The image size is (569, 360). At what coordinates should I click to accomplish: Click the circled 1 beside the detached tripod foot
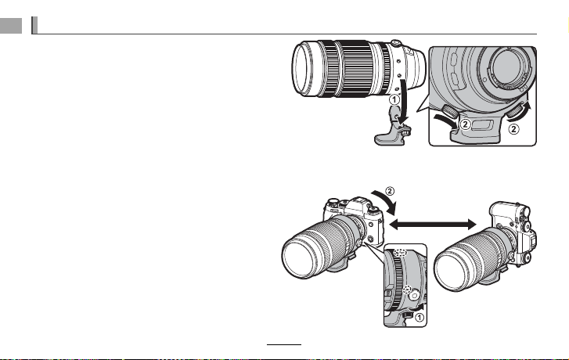click(x=394, y=99)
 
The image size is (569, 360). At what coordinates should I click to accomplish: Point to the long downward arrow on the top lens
click(x=403, y=103)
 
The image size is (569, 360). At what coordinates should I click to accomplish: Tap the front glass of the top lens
click(x=302, y=68)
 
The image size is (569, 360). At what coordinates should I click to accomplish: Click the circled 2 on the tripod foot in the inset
click(x=465, y=124)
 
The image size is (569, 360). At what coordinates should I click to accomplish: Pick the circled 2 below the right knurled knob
click(x=513, y=128)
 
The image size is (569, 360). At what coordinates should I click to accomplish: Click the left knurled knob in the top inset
click(x=450, y=111)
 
